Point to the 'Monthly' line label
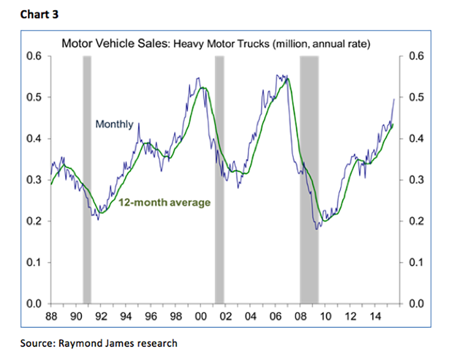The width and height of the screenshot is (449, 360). point(114,124)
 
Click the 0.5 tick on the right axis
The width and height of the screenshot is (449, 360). point(414,97)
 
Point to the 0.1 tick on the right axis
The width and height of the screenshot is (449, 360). point(414,263)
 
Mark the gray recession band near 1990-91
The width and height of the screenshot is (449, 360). point(87,179)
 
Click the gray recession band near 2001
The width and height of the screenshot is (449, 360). point(219,179)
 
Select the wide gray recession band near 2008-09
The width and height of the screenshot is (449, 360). point(309,179)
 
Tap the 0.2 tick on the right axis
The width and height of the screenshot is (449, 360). point(414,221)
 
